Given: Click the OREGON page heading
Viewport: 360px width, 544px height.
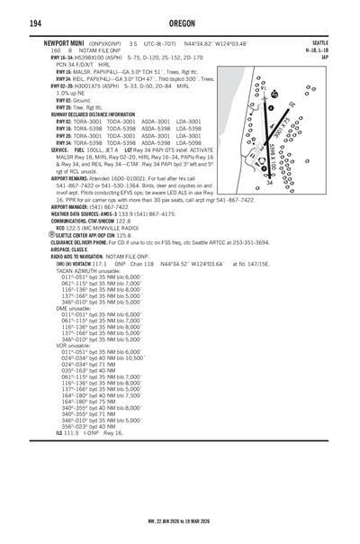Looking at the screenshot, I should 180,23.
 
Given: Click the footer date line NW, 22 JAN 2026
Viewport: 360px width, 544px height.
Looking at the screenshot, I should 180,520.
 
